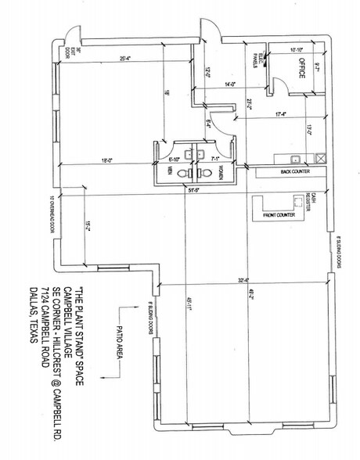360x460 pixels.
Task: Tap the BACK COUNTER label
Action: (292, 170)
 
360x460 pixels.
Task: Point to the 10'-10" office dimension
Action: (295, 49)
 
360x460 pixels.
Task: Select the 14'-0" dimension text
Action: (229, 84)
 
